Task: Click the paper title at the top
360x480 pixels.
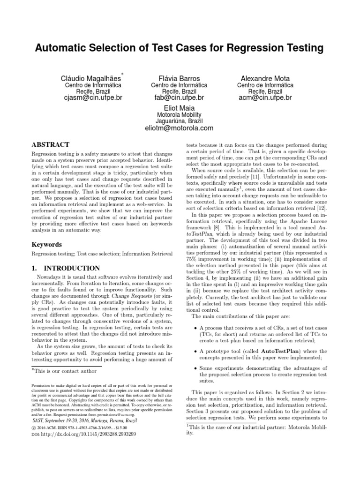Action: (x=180, y=48)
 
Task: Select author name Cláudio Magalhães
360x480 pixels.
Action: (x=90, y=78)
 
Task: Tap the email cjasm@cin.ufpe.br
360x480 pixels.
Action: (x=92, y=98)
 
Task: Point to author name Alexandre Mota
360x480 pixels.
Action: (x=265, y=78)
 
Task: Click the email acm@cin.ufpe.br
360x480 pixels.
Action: (x=265, y=98)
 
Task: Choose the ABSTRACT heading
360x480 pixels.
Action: (x=50, y=145)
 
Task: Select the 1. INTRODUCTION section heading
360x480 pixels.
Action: (x=66, y=269)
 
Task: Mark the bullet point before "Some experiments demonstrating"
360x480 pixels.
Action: (x=195, y=368)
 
